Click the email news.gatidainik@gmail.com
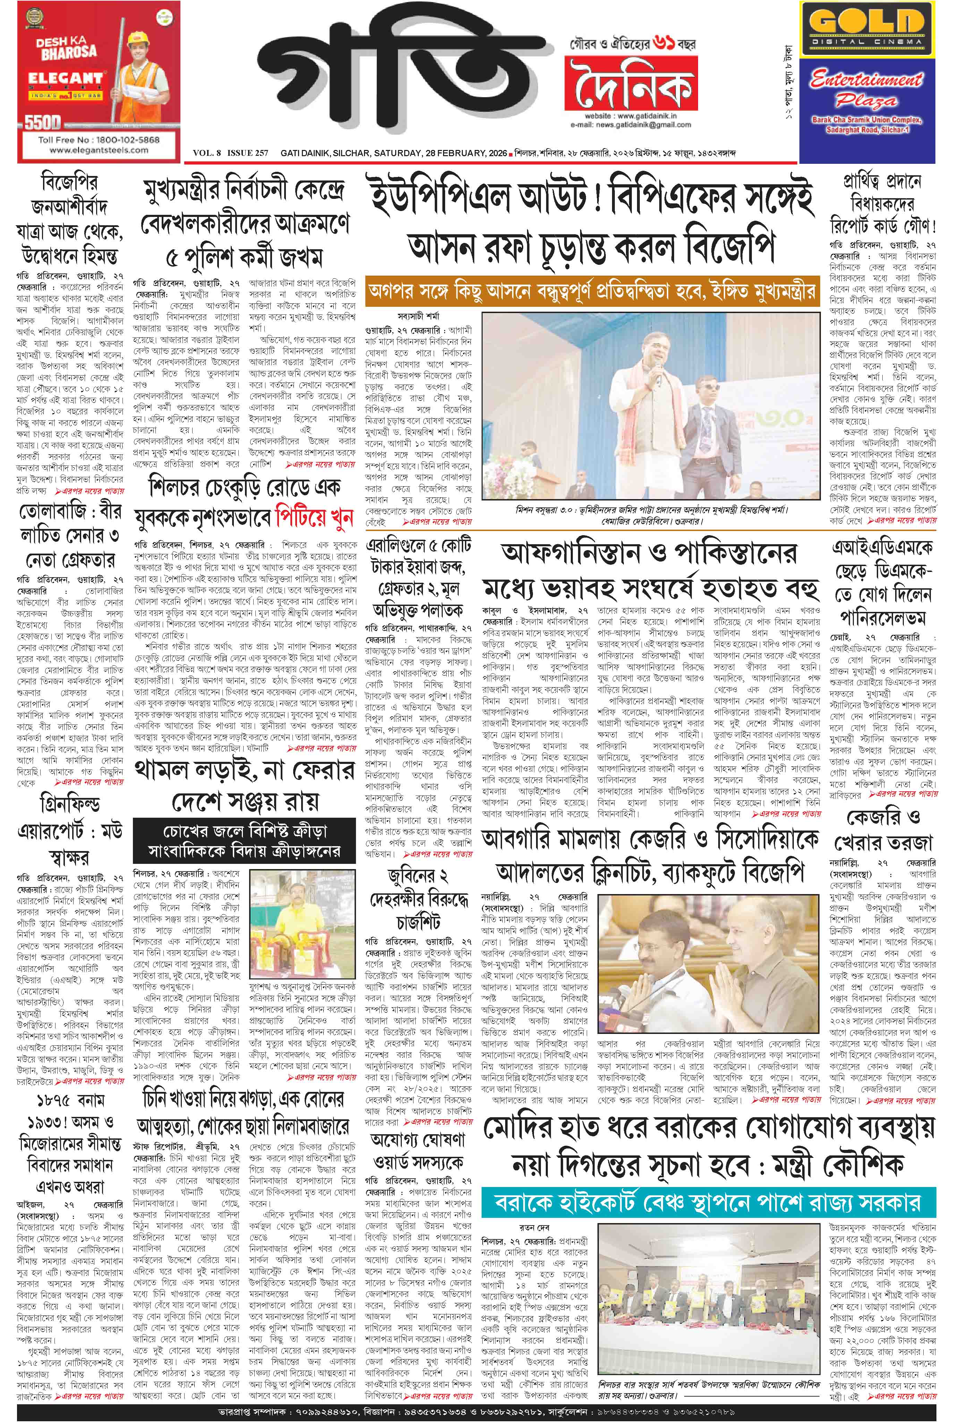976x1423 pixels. (x=631, y=124)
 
